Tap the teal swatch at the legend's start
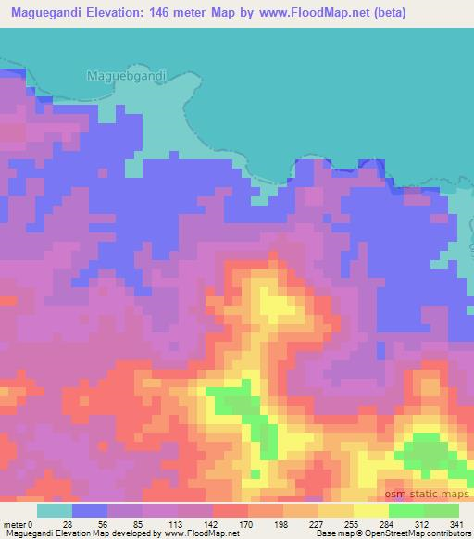(55, 510)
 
